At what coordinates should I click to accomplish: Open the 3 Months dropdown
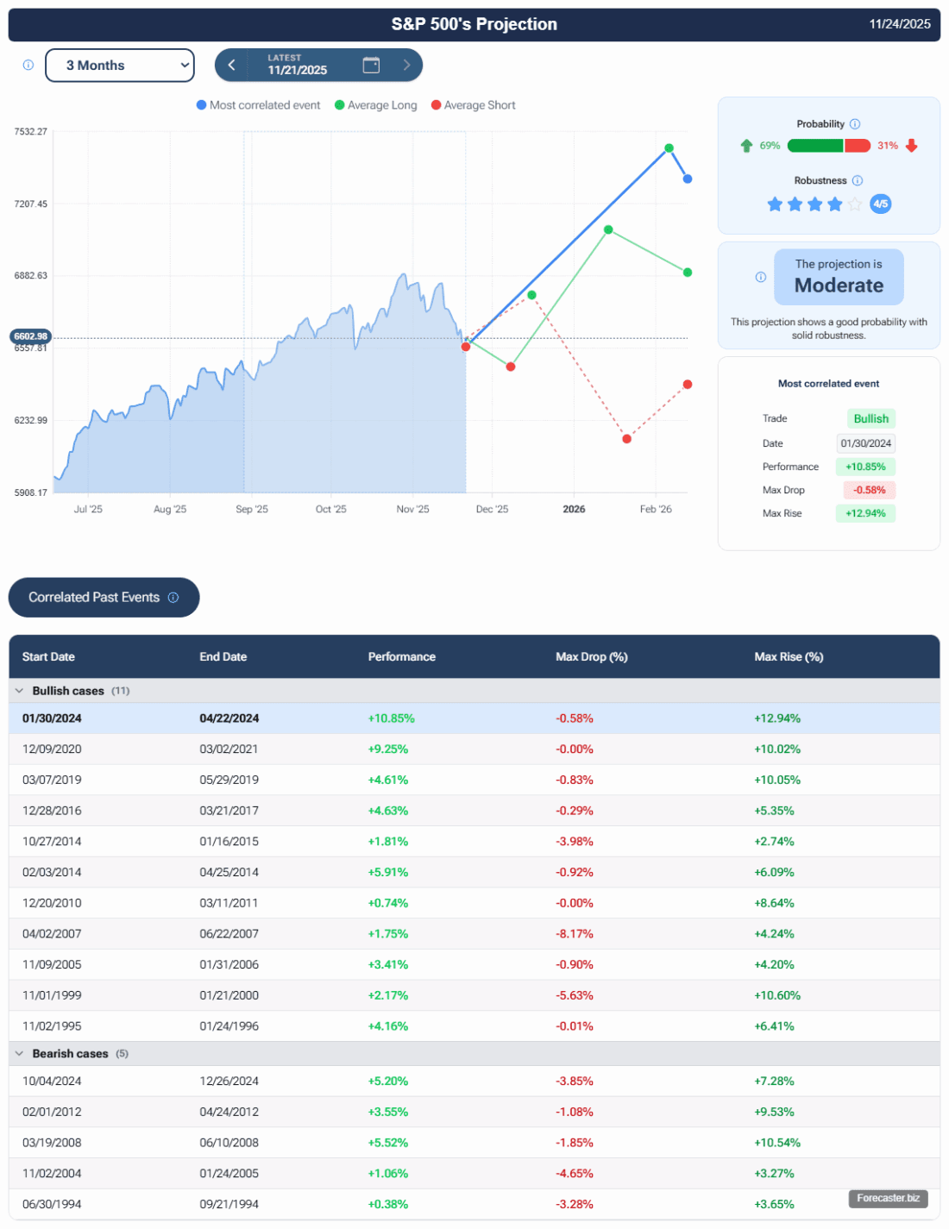[x=119, y=66]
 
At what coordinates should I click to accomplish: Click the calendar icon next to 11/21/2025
[x=371, y=65]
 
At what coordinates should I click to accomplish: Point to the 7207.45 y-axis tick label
[x=31, y=204]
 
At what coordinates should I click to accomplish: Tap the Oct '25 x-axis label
[x=330, y=509]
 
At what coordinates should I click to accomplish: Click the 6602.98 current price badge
[x=31, y=336]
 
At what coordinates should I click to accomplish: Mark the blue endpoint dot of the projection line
[x=688, y=179]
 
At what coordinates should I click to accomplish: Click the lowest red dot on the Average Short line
[x=627, y=439]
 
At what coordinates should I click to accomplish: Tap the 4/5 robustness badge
[x=880, y=204]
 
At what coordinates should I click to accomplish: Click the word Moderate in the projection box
[x=839, y=285]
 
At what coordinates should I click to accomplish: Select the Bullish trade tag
[x=870, y=418]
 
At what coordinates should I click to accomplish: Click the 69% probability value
[x=770, y=146]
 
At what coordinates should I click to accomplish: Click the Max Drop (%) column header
[x=591, y=657]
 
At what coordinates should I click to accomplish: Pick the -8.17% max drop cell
[x=575, y=934]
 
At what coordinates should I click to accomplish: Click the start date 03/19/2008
[x=52, y=1143]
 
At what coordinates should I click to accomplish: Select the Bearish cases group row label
[x=70, y=1054]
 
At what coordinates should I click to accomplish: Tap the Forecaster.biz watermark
[x=888, y=1198]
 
